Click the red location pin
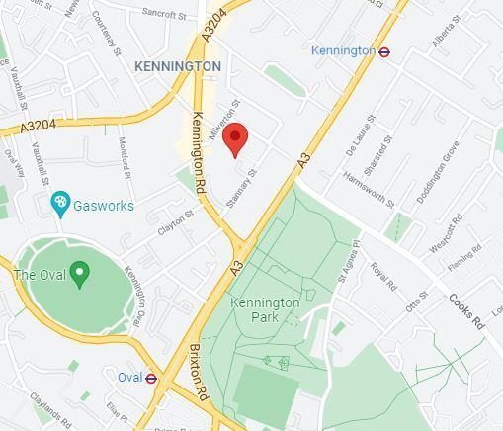(234, 139)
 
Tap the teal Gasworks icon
(60, 204)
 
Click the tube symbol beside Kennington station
(383, 50)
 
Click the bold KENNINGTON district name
(178, 65)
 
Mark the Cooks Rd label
(465, 309)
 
